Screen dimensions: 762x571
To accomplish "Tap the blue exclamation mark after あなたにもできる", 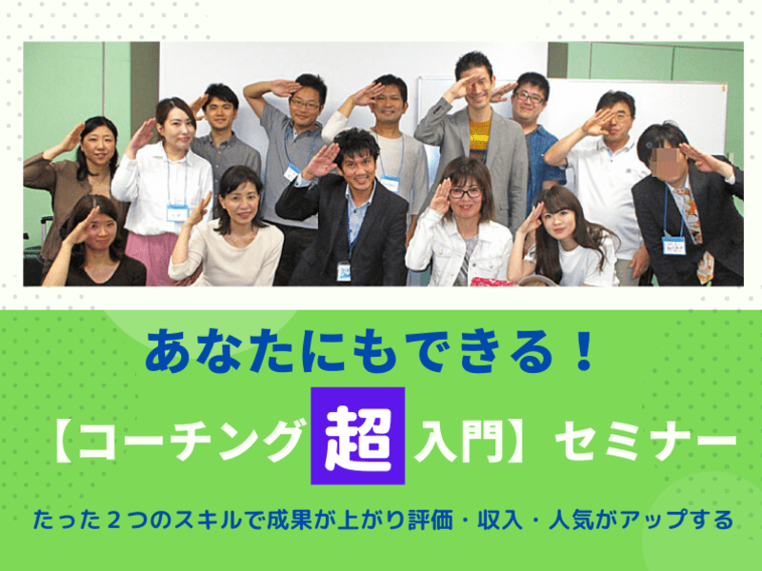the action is coord(583,350).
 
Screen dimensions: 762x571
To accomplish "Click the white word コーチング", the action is coord(191,440).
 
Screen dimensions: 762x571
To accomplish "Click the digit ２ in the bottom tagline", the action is coord(113,520).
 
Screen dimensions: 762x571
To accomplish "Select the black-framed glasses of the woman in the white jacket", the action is coord(465,192).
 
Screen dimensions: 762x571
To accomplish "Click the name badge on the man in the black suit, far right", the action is coord(673,246).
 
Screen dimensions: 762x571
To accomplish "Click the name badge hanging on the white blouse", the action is coord(177,212).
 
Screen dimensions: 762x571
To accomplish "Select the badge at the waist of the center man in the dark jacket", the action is coord(344,271).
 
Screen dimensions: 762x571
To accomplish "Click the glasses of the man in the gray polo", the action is coord(305,104).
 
